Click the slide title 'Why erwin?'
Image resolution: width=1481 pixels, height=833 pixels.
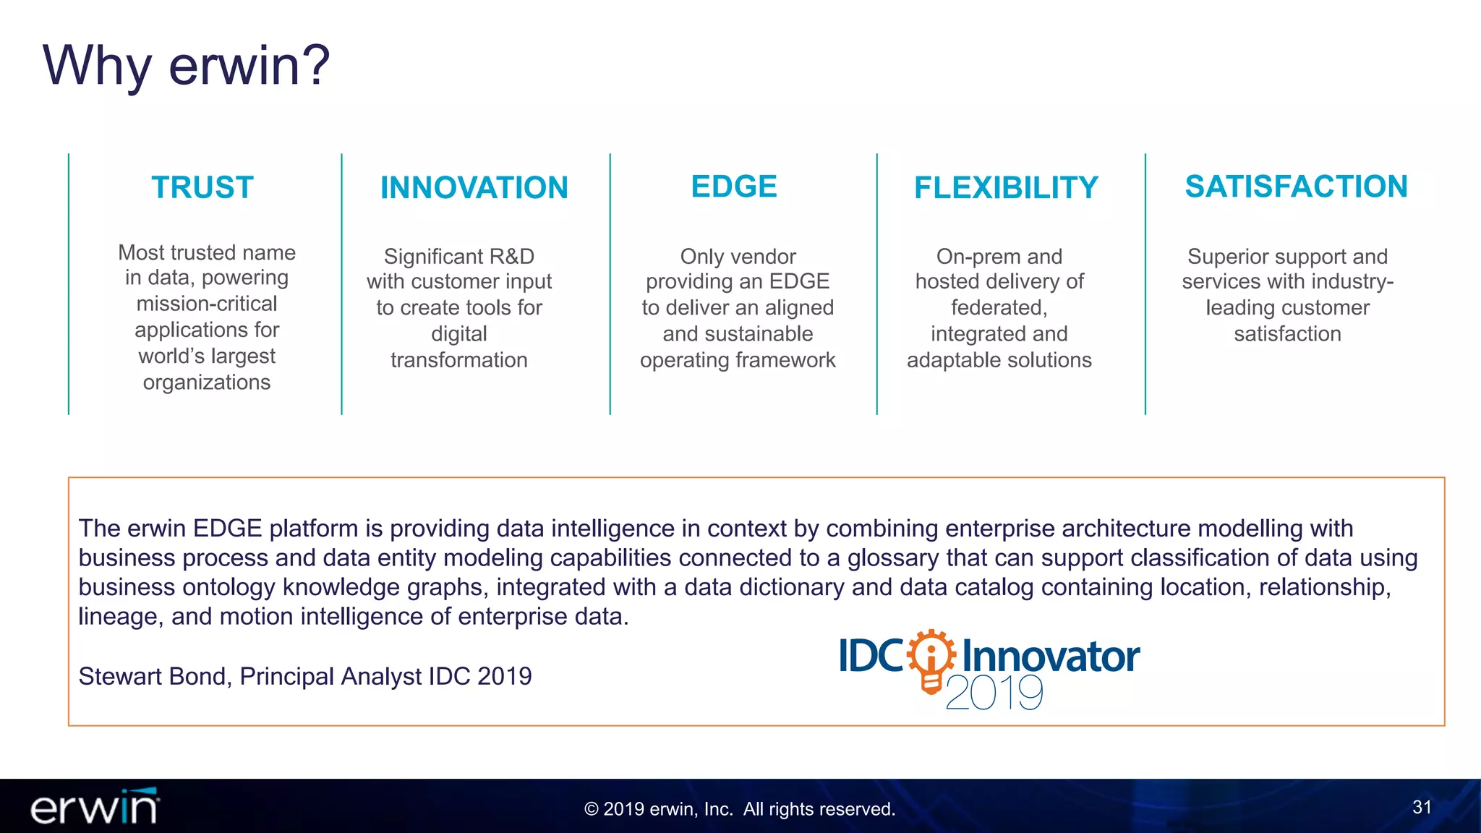[186, 65]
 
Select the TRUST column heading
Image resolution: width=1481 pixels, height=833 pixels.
[202, 187]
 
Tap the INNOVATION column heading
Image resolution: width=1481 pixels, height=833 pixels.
[474, 188]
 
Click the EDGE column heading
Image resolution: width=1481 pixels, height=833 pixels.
[734, 187]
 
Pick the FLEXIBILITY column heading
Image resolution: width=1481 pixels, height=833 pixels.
[1006, 188]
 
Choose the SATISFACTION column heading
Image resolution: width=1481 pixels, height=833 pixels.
[1296, 187]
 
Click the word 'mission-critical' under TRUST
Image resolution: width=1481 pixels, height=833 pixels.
[207, 304]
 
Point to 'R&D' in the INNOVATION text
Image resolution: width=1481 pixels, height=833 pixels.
[511, 257]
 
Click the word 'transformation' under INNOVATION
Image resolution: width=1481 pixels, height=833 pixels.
[459, 360]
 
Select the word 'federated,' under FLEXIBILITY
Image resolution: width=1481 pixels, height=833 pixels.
[999, 308]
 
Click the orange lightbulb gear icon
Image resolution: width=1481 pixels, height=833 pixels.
[931, 661]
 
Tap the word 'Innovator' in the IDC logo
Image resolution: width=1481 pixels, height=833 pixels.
[1051, 657]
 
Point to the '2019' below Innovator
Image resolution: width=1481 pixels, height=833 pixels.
[994, 693]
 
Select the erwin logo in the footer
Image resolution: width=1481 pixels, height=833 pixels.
[95, 807]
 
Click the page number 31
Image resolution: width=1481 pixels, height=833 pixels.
[1422, 807]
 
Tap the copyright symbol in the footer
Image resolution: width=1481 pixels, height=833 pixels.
[591, 809]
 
